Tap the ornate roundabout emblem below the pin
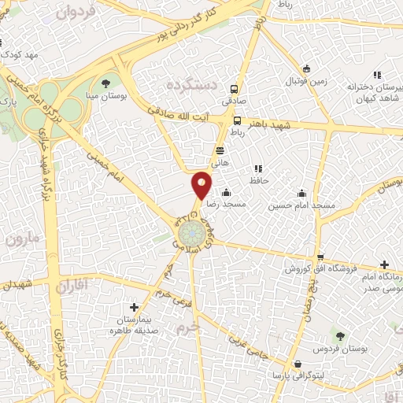[x=188, y=233]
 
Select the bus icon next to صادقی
[x=233, y=89]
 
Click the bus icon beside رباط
[x=237, y=120]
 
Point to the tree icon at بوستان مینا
[x=105, y=82]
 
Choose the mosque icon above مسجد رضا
[x=227, y=192]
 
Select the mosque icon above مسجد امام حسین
[x=301, y=193]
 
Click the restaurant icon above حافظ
[x=258, y=168]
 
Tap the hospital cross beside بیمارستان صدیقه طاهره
[x=134, y=307]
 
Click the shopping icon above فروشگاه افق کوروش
[x=319, y=257]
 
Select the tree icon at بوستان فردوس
[x=340, y=335]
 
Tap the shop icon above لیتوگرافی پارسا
[x=298, y=364]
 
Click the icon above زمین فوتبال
[x=306, y=68]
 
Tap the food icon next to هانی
[x=220, y=148]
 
